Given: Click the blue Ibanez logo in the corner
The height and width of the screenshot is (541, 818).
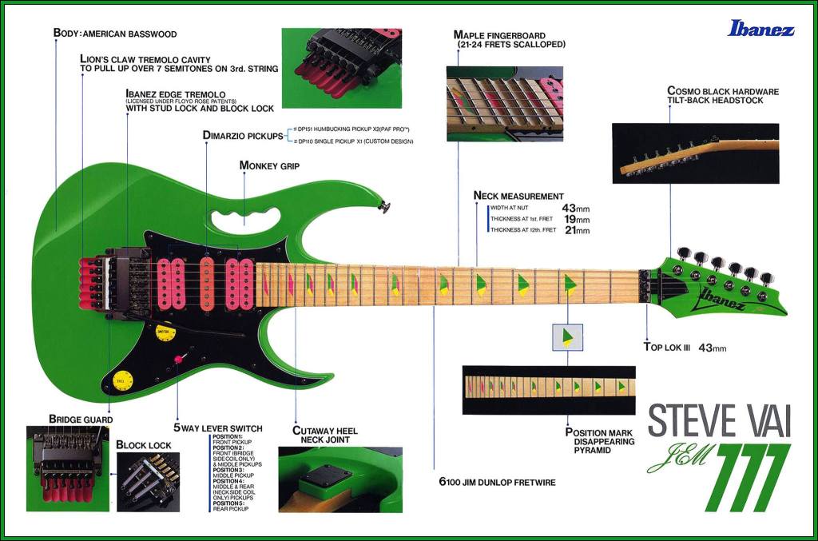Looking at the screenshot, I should [x=760, y=30].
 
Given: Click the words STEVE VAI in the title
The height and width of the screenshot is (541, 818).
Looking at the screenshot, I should [x=718, y=421].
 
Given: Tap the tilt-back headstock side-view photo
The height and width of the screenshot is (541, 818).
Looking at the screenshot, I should [x=695, y=153].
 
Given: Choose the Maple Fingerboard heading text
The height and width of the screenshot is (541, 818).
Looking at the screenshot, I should [x=499, y=35].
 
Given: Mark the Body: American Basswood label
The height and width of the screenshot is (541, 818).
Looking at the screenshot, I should [x=115, y=34].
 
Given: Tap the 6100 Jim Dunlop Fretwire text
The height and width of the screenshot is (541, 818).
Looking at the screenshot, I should [x=497, y=482].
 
